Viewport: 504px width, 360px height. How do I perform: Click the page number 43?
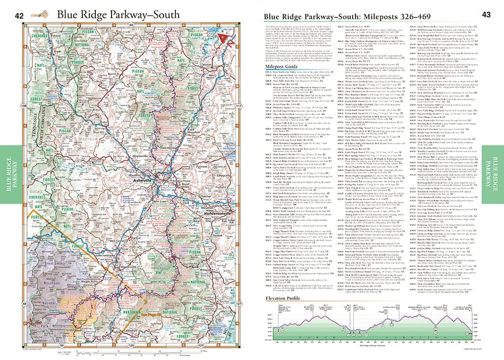point(487,15)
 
